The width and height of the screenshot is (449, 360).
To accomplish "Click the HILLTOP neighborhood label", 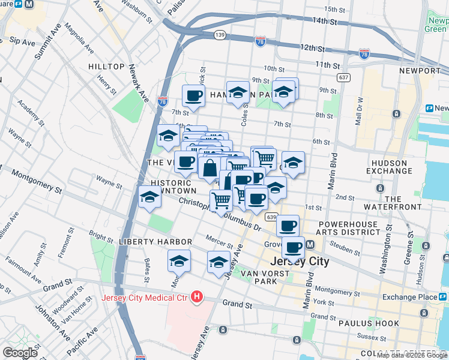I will pos(106,67).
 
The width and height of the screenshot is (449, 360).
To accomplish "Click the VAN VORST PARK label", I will pos(265,277).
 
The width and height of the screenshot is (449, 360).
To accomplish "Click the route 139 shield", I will pos(220,36).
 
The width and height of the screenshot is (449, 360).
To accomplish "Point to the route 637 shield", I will pos(343,77).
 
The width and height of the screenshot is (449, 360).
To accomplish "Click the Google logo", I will pos(20,353).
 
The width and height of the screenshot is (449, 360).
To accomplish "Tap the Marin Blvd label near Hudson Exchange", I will pos(331,173).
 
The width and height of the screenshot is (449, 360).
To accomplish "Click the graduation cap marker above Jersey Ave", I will pos(218,262).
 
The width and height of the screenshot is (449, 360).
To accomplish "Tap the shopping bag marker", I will pos(210,168).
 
